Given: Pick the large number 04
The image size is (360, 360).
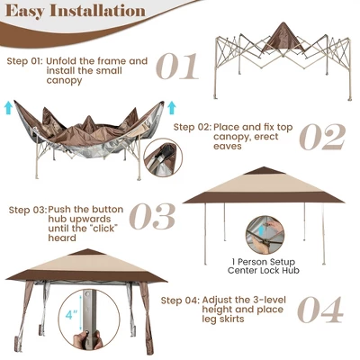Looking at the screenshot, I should click(x=320, y=308).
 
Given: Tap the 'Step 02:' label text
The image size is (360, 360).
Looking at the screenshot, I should click(x=193, y=127).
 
